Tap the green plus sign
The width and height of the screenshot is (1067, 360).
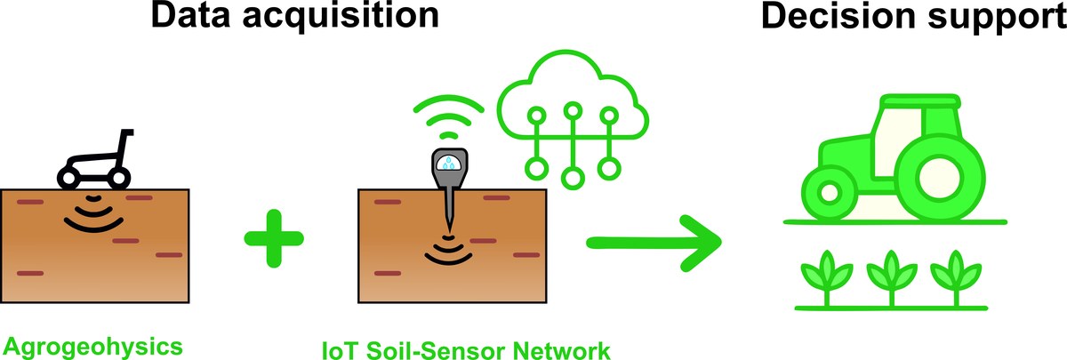tap(273, 238)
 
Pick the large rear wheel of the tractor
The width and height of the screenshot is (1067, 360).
tap(941, 172)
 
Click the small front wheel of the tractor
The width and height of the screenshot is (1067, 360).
tap(830, 192)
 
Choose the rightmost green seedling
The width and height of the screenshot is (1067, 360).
tap(955, 275)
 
